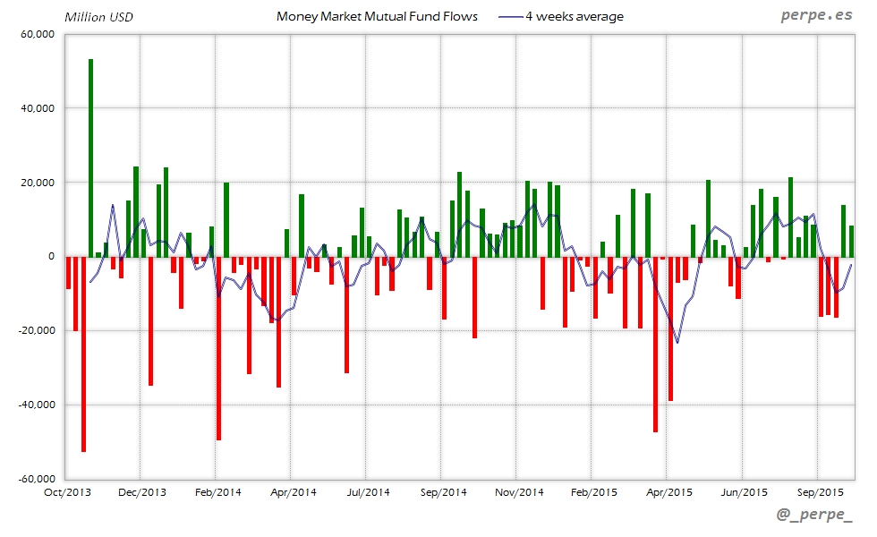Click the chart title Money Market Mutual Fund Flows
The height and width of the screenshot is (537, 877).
(377, 16)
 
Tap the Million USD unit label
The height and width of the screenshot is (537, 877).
(98, 17)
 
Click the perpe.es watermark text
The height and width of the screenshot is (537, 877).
(815, 16)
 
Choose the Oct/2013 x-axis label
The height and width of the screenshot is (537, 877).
(67, 492)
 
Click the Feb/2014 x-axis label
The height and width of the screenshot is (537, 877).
(217, 492)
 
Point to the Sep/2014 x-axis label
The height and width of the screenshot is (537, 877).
(443, 492)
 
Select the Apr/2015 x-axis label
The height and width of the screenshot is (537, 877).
(668, 492)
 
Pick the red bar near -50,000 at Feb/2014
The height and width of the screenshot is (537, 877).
(218, 348)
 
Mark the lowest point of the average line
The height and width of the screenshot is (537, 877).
(677, 342)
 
